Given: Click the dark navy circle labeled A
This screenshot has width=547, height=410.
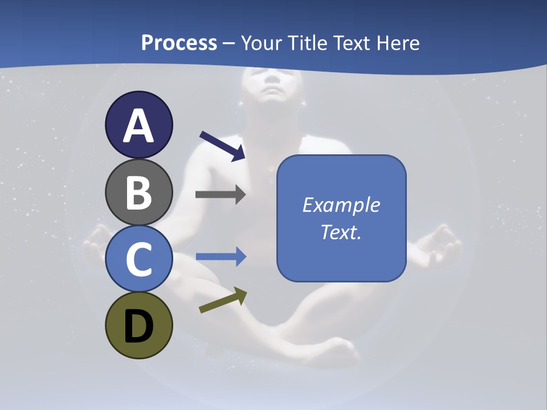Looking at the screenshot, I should [138, 125].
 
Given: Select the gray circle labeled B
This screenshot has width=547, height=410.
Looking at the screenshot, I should [138, 192].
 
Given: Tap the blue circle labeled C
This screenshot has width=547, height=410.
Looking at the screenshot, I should [138, 259].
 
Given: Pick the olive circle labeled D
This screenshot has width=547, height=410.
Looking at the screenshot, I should [138, 325].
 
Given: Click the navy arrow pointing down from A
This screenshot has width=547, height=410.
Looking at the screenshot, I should [222, 146].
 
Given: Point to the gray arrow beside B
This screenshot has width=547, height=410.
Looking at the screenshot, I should [220, 195].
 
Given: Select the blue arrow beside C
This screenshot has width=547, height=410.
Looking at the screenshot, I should [221, 257].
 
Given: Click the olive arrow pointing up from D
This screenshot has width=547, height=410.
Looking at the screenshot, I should [223, 300].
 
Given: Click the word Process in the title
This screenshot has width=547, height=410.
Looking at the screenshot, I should [179, 43].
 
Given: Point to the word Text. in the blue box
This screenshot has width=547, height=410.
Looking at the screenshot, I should [341, 232].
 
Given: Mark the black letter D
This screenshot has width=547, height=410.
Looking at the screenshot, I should [138, 326].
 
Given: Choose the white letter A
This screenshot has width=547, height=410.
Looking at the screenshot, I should [138, 125].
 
